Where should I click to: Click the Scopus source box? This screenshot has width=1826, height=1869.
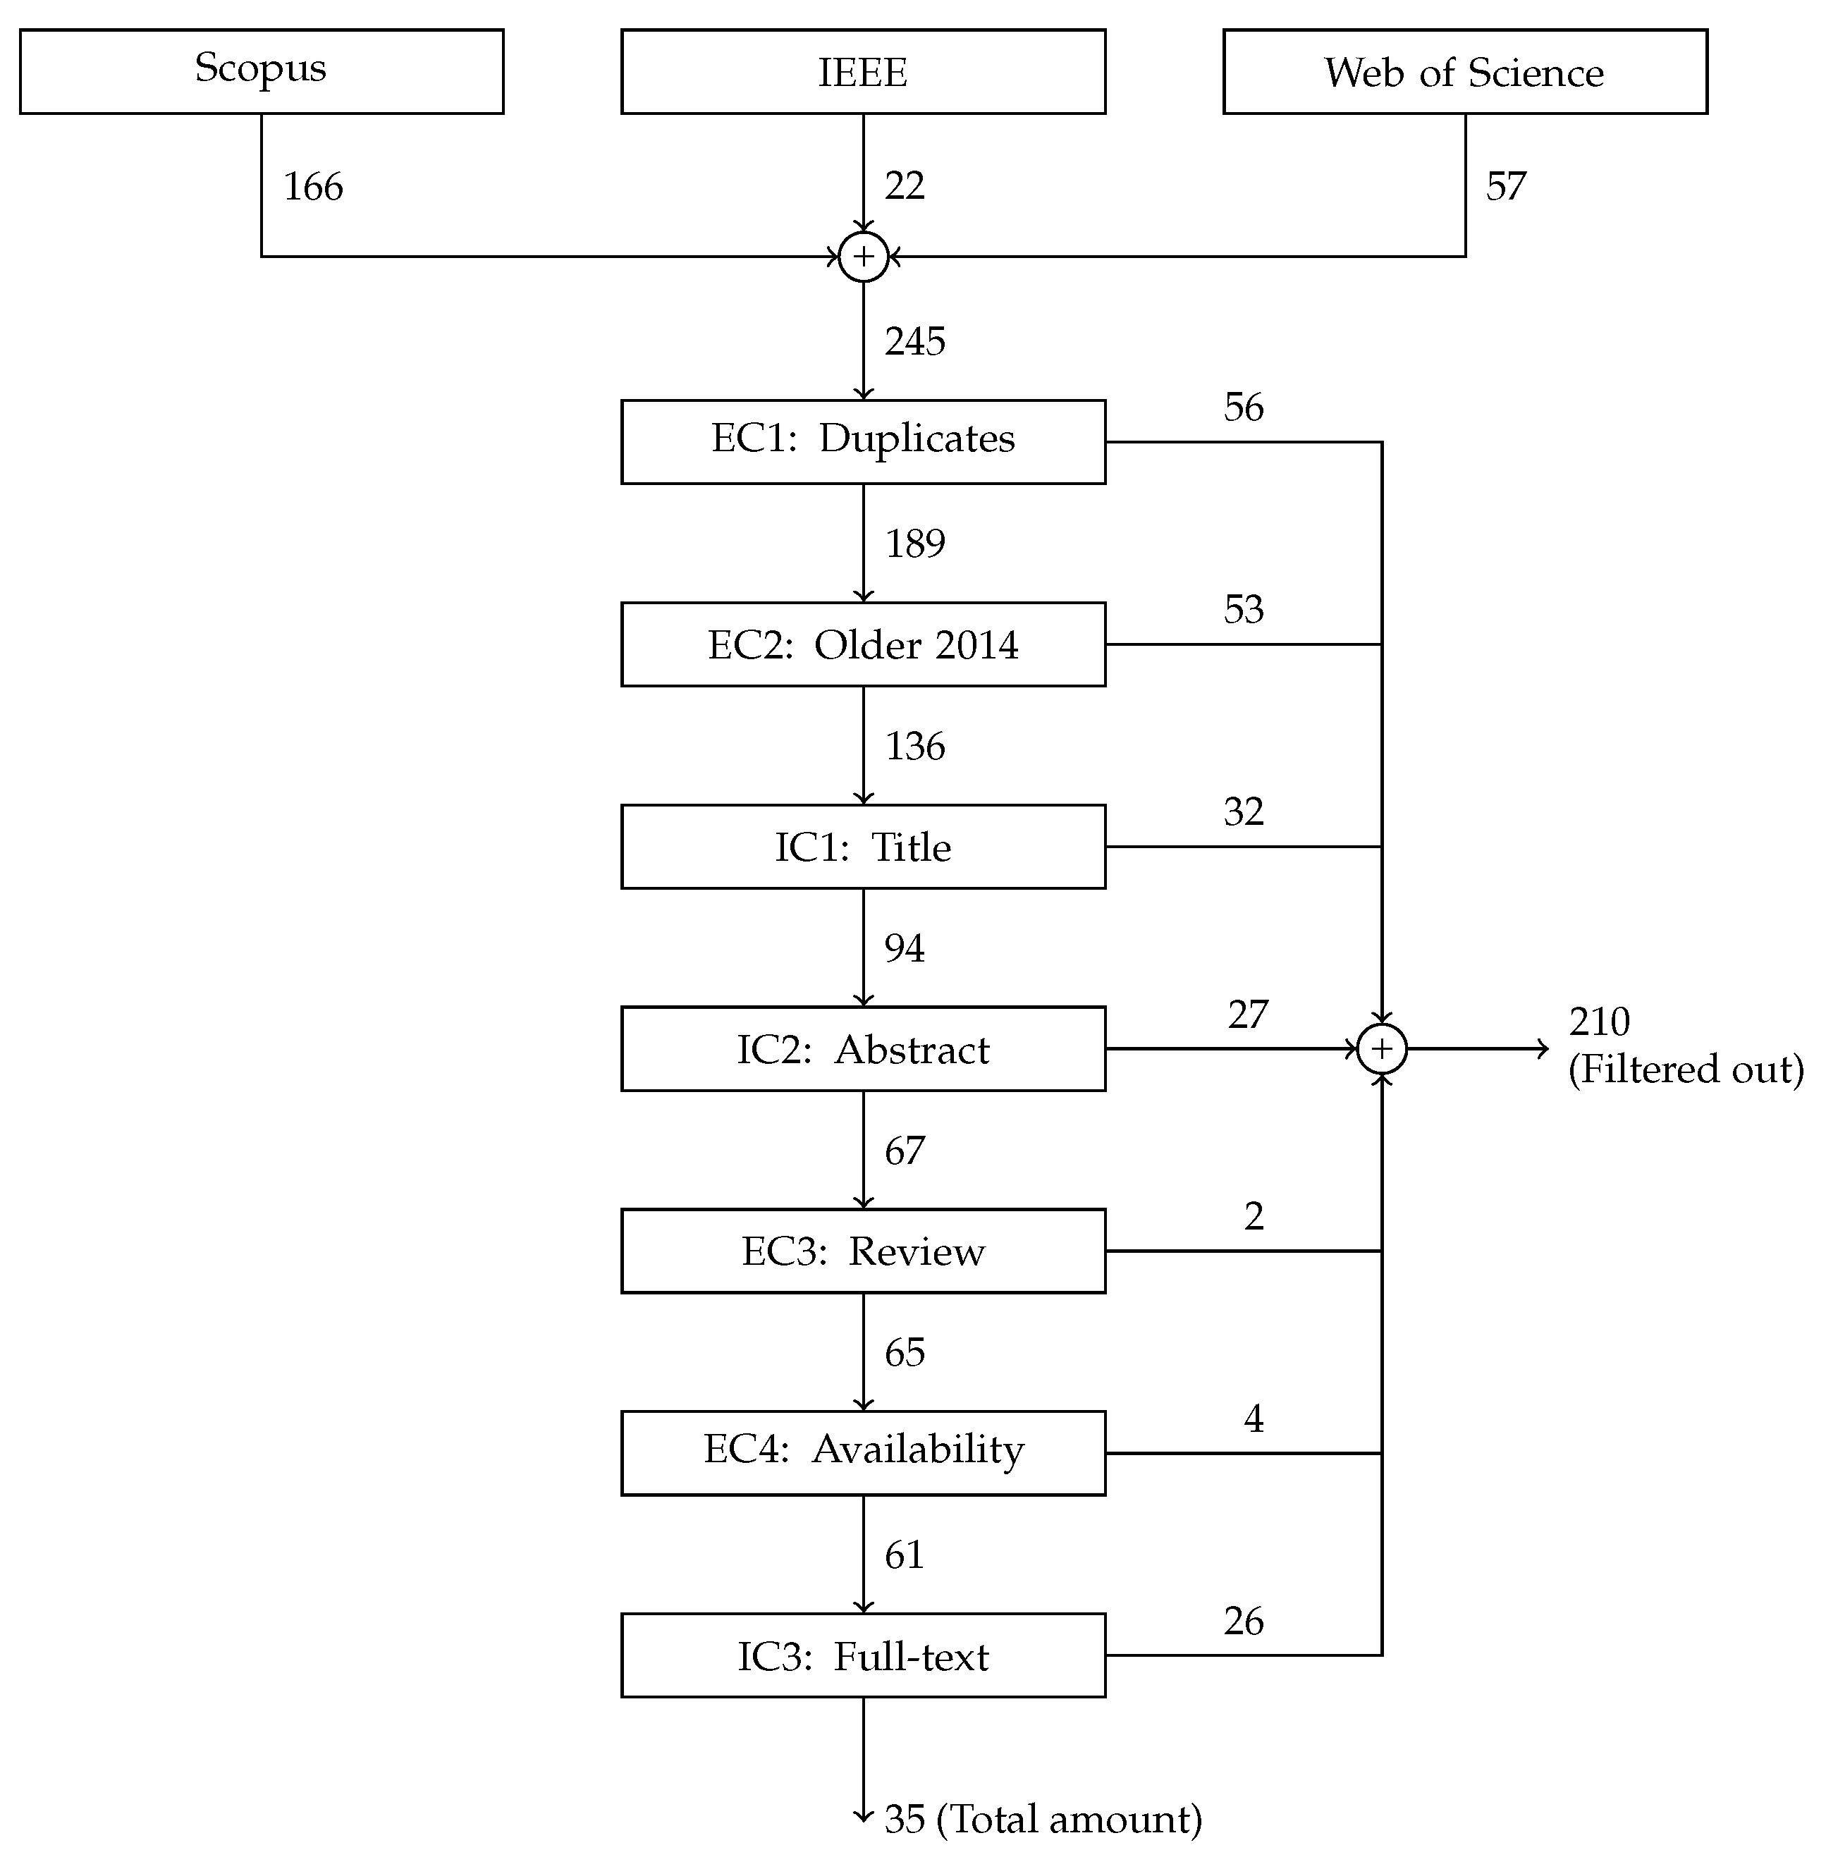[261, 71]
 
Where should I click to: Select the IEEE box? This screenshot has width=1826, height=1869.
[862, 71]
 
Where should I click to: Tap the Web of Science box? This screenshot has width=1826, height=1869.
[1464, 71]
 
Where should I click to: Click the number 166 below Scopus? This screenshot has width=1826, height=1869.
[312, 186]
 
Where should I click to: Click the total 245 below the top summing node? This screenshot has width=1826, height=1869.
[915, 341]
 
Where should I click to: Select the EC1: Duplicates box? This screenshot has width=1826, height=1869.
[862, 441]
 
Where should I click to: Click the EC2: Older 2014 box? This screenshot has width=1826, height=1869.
[862, 644]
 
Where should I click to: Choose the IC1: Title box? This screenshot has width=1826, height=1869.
[862, 847]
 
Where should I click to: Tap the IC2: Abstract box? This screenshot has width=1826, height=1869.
[862, 1049]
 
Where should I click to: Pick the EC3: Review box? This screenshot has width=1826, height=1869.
[862, 1251]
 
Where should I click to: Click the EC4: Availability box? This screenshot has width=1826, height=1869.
[862, 1454]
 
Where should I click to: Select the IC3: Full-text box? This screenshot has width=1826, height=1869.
[862, 1656]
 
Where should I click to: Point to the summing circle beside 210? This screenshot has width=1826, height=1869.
[1382, 1049]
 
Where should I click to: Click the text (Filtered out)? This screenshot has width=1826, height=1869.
[1686, 1070]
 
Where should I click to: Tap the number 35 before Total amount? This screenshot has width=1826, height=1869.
[905, 1819]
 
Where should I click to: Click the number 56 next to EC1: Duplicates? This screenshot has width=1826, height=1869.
[1244, 407]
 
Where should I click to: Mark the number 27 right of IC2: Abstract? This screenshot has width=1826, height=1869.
[1248, 1015]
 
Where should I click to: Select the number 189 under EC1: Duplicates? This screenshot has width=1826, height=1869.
[915, 544]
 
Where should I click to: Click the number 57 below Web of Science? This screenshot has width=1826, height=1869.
[1506, 186]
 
